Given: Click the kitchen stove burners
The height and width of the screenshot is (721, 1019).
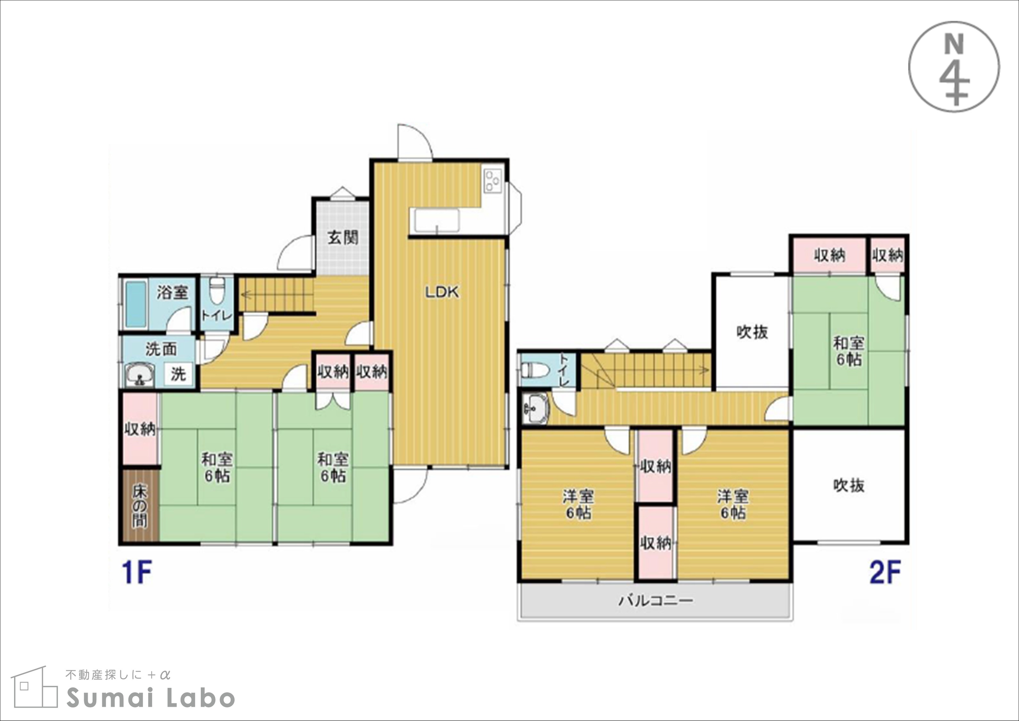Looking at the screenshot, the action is [x=493, y=181].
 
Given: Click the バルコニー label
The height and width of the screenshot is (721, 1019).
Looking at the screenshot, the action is [x=656, y=601].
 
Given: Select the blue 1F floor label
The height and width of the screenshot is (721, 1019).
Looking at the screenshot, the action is [x=137, y=573].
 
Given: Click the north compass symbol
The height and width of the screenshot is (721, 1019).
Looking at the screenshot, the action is [x=954, y=67].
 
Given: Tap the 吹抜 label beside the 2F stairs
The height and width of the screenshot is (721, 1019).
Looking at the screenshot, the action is [x=752, y=332].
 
